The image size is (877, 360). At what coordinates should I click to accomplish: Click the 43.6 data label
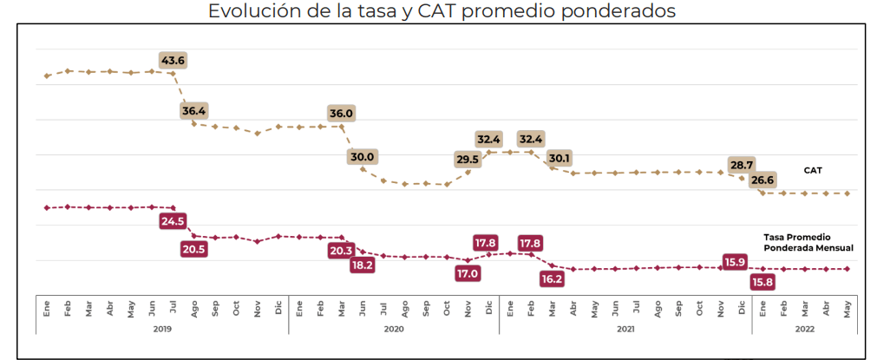[x=173, y=61]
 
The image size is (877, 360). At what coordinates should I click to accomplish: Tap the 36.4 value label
[x=194, y=111]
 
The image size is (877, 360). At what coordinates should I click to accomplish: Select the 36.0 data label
[x=341, y=114]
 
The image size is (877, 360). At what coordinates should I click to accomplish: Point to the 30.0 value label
[x=362, y=157]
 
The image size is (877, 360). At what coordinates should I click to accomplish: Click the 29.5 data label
[x=468, y=160]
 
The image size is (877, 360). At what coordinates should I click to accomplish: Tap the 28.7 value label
[x=742, y=165]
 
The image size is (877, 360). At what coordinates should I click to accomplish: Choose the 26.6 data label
[x=762, y=180]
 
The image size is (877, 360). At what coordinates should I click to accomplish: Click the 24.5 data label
[x=173, y=221]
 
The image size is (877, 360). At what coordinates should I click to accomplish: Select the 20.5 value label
[x=194, y=249]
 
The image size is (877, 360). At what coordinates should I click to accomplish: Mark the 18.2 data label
[x=362, y=265]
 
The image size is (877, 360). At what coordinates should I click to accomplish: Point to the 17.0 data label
[x=468, y=273]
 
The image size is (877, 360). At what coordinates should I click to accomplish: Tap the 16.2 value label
[x=553, y=279]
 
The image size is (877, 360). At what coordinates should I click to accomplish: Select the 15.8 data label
[x=762, y=282]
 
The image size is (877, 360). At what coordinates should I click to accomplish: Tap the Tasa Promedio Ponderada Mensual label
[x=808, y=242]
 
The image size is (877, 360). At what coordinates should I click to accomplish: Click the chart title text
[x=442, y=11]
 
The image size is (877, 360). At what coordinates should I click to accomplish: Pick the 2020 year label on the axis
[x=393, y=329]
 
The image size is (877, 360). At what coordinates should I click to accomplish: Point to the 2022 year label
[x=804, y=329]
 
